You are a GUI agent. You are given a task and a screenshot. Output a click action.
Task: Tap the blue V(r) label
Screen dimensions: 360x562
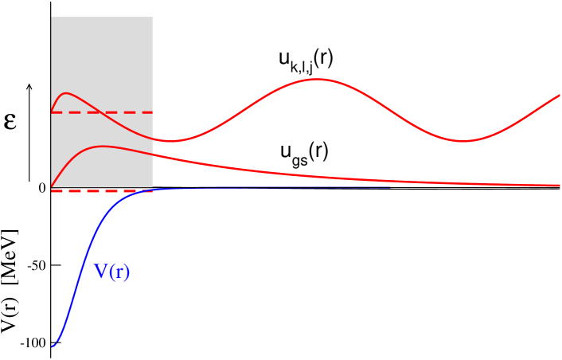point(112,272)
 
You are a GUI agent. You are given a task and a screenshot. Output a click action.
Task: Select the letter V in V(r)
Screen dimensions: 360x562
point(102,272)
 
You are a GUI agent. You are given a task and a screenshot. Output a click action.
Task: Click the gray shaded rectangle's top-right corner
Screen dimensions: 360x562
point(152,17)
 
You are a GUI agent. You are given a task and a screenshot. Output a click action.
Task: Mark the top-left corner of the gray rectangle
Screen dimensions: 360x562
point(52,17)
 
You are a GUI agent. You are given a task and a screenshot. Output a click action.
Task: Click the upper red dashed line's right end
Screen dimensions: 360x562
point(152,112)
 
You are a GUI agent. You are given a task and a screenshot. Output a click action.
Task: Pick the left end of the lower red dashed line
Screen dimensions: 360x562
point(52,191)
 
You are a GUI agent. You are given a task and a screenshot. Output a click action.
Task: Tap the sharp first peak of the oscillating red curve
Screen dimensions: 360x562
point(67,93)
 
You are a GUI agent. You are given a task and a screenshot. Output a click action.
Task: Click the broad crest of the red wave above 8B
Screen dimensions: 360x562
point(317,79)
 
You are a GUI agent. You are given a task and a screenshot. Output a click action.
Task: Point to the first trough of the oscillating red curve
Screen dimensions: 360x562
point(170,142)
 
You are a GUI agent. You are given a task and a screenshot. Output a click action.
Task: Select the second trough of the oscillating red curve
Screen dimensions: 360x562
point(463,142)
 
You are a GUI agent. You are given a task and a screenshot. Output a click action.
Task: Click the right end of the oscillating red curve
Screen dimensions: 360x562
point(560,95)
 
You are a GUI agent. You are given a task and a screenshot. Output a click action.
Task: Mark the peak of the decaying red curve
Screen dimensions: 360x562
point(102,147)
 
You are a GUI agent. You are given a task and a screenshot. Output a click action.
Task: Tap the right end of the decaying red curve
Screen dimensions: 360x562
point(560,186)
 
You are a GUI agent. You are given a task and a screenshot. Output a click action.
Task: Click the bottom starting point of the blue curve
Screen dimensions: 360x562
point(53,346)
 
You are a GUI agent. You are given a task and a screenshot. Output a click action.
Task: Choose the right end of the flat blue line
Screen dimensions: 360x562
point(390,187)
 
